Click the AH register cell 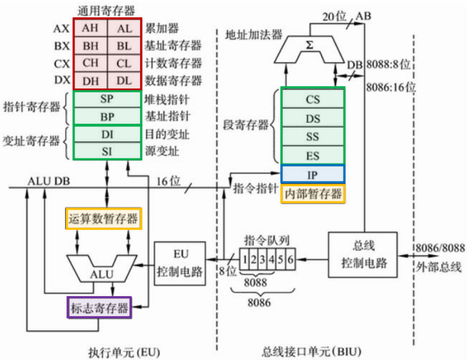[x=91, y=28]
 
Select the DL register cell [x=124, y=81]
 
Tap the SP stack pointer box [x=107, y=99]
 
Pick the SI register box [x=107, y=151]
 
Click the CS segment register [x=313, y=99]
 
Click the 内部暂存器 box [x=313, y=194]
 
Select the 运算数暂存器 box [x=104, y=218]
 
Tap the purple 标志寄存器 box [x=99, y=307]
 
